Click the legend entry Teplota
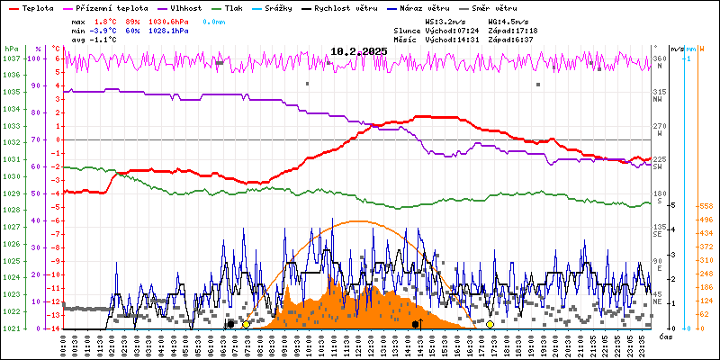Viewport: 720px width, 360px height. point(37,7)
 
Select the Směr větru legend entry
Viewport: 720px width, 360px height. point(494,7)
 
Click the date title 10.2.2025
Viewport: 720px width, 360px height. point(358,52)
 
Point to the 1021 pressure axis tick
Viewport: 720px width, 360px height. point(11,328)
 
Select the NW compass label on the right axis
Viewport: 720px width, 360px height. point(659,100)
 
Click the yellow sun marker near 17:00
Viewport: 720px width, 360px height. point(490,324)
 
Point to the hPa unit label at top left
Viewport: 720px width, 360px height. point(11,49)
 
